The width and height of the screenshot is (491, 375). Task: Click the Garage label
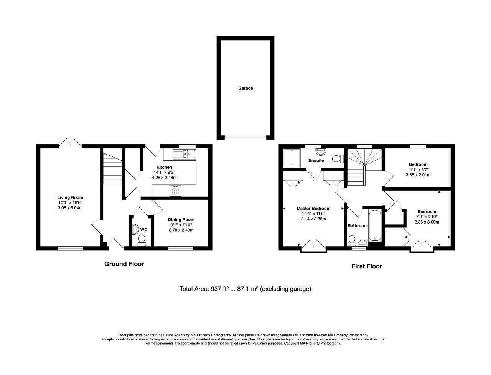(245, 88)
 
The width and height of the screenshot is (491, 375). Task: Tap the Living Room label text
(70, 197)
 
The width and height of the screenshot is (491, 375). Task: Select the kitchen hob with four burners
(175, 191)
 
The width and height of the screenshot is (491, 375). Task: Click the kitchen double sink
(185, 154)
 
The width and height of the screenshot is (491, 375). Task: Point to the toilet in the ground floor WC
(142, 240)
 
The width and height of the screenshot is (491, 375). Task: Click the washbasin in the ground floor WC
(135, 229)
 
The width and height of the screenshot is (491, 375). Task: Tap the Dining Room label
(181, 220)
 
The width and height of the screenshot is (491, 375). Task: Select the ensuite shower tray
(292, 158)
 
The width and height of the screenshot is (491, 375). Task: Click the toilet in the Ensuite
(338, 158)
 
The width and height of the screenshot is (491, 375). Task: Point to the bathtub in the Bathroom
(375, 225)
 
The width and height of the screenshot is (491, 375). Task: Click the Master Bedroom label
(313, 209)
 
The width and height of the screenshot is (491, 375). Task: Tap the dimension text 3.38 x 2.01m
(418, 175)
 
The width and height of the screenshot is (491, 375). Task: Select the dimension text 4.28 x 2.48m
(164, 178)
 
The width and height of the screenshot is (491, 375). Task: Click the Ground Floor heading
(124, 264)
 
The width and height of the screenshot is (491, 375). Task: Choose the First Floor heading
(367, 266)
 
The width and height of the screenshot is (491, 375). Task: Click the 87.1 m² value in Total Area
(248, 289)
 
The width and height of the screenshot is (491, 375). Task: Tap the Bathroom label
(358, 225)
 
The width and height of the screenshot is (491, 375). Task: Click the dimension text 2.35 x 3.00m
(427, 222)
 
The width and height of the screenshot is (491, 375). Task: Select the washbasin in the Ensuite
(321, 151)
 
